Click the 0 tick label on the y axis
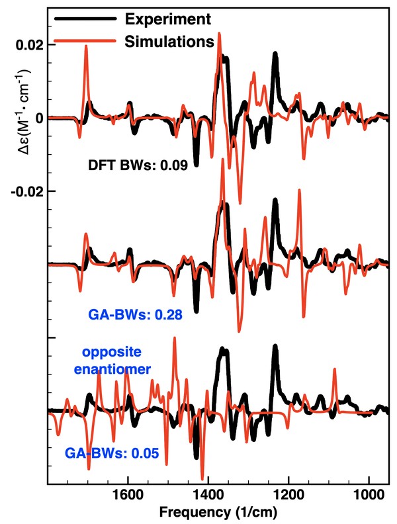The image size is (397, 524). (x=38, y=118)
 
